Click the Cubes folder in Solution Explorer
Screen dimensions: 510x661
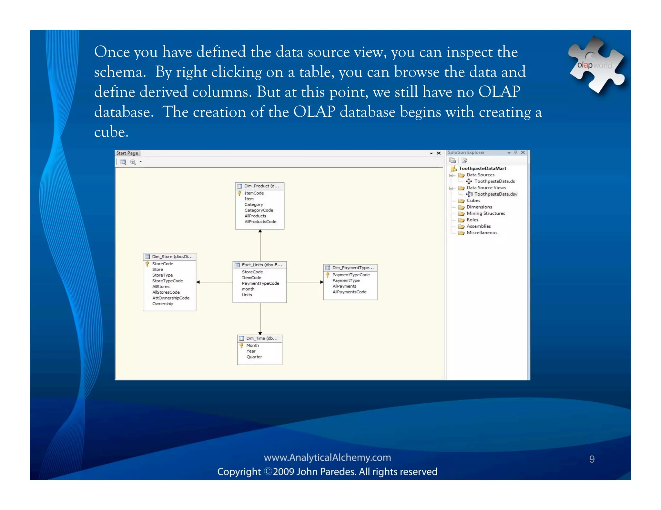pyautogui.click(x=473, y=201)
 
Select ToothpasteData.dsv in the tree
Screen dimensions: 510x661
pyautogui.click(x=495, y=194)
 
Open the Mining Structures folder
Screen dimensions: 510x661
pyautogui.click(x=485, y=213)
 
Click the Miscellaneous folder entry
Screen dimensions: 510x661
pyautogui.click(x=482, y=233)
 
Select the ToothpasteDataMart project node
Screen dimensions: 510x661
pyautogui.click(x=482, y=168)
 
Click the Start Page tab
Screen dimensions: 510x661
pyautogui.click(x=127, y=153)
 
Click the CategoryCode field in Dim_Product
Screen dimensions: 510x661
pyautogui.click(x=259, y=210)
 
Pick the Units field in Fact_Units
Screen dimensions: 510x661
pyautogui.click(x=247, y=295)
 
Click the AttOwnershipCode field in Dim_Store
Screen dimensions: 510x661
pyautogui.click(x=171, y=298)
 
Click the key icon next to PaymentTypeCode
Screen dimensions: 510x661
pyautogui.click(x=328, y=275)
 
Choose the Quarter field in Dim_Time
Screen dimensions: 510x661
pyautogui.click(x=254, y=357)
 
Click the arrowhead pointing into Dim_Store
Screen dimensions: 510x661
pyautogui.click(x=198, y=282)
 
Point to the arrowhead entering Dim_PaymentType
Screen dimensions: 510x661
pyautogui.click(x=321, y=282)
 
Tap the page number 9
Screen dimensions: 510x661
pyautogui.click(x=592, y=459)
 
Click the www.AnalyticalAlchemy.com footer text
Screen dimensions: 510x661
pyautogui.click(x=327, y=457)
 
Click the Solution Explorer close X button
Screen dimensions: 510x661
pyautogui.click(x=523, y=152)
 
